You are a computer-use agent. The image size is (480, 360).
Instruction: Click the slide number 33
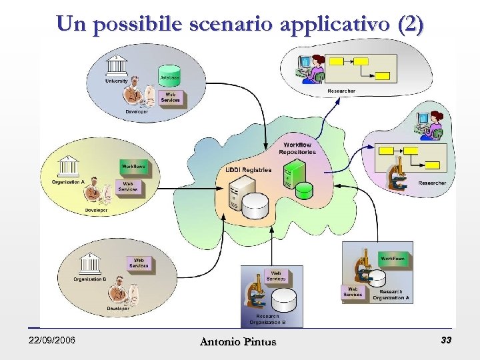[x=446, y=341]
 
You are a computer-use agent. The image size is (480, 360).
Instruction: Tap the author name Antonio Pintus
[x=238, y=342]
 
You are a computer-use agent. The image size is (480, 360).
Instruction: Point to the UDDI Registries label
[x=248, y=170]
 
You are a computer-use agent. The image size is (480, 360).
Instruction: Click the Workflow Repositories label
[x=297, y=148]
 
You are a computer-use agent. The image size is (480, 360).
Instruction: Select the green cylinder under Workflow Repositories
[x=305, y=190]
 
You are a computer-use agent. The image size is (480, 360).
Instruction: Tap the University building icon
[x=117, y=67]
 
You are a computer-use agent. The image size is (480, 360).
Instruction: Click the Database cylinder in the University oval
[x=170, y=74]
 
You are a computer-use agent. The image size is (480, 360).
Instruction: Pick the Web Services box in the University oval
[x=171, y=97]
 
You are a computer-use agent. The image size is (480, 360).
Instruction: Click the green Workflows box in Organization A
[x=133, y=165]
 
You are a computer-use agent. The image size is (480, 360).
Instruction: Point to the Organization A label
[x=68, y=181]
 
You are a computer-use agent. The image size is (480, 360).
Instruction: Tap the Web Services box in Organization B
[x=139, y=263]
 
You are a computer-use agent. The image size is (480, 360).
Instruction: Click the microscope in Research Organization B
[x=256, y=292]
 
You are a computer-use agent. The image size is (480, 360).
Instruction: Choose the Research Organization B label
[x=267, y=319]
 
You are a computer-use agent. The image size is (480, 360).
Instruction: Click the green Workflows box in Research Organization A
[x=393, y=258]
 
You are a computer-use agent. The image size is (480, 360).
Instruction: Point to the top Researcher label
[x=341, y=91]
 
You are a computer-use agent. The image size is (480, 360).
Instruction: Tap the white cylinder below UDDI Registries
[x=254, y=206]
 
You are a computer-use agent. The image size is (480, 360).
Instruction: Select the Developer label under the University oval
[x=136, y=111]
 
